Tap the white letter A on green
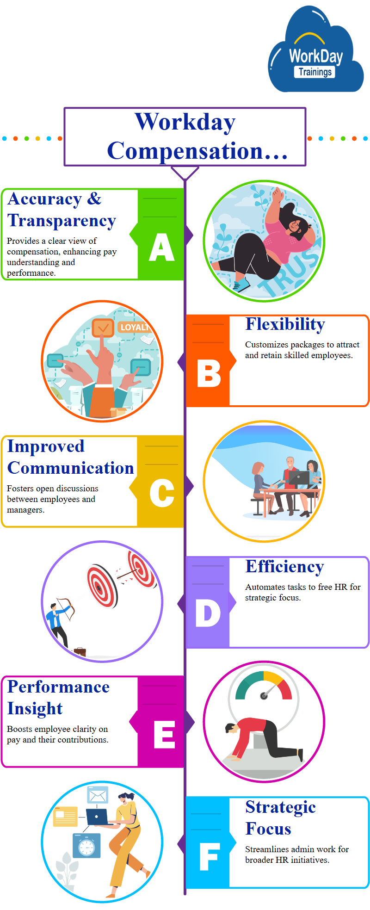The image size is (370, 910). click(162, 247)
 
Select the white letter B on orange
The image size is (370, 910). click(209, 373)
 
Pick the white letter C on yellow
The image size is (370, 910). click(162, 493)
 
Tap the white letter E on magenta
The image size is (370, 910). click(165, 734)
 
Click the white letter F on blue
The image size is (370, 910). click(209, 856)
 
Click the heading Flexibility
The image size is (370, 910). click(285, 324)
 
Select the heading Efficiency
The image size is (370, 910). click(284, 567)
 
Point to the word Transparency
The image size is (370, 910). click(62, 221)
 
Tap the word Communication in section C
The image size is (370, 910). click(71, 468)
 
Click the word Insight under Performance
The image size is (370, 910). click(35, 709)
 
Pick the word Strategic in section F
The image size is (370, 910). click(280, 807)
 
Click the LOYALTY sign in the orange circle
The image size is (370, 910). click(135, 328)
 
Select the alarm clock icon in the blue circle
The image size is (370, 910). click(86, 846)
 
